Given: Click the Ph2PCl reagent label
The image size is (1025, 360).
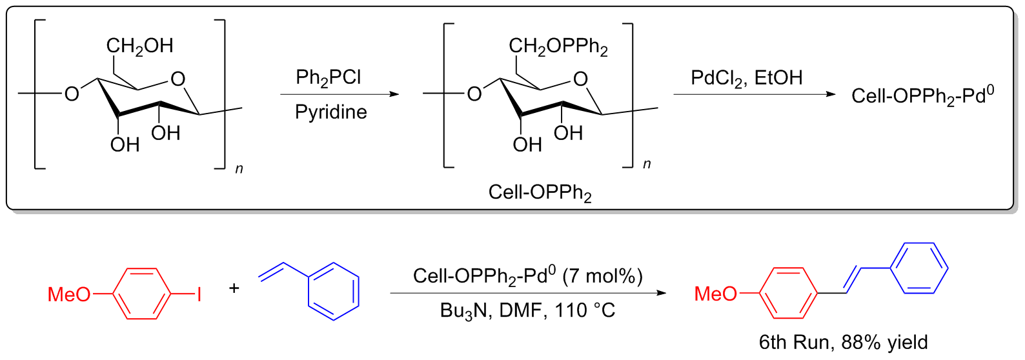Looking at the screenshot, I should [328, 78].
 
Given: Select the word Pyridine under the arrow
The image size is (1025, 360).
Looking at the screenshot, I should [330, 112].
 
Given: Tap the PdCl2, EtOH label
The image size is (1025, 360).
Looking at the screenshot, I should [746, 78].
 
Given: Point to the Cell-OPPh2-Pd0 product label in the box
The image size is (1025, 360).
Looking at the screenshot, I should [922, 96].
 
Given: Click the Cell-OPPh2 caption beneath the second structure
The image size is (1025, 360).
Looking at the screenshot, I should [540, 192].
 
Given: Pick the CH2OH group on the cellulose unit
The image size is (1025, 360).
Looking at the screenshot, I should [139, 46].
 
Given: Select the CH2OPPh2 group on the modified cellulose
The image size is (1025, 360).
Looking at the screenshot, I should [558, 46].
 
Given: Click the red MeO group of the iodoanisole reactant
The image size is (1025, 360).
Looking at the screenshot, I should [69, 295].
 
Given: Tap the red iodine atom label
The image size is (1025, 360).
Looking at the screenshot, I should [199, 295].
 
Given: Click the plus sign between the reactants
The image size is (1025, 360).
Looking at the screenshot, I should [234, 288].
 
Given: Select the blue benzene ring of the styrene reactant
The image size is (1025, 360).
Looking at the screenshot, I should [333, 290].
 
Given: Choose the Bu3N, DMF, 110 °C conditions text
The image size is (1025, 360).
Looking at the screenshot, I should [527, 310].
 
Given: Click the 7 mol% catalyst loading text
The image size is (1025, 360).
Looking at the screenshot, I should [602, 276].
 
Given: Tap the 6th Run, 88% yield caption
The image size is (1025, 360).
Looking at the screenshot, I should [843, 342].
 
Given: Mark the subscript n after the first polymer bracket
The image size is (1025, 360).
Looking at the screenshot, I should [239, 169].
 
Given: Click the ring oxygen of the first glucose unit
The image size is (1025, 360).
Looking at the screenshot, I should [178, 79].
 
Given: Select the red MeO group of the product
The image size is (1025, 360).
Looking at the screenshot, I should [715, 294].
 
